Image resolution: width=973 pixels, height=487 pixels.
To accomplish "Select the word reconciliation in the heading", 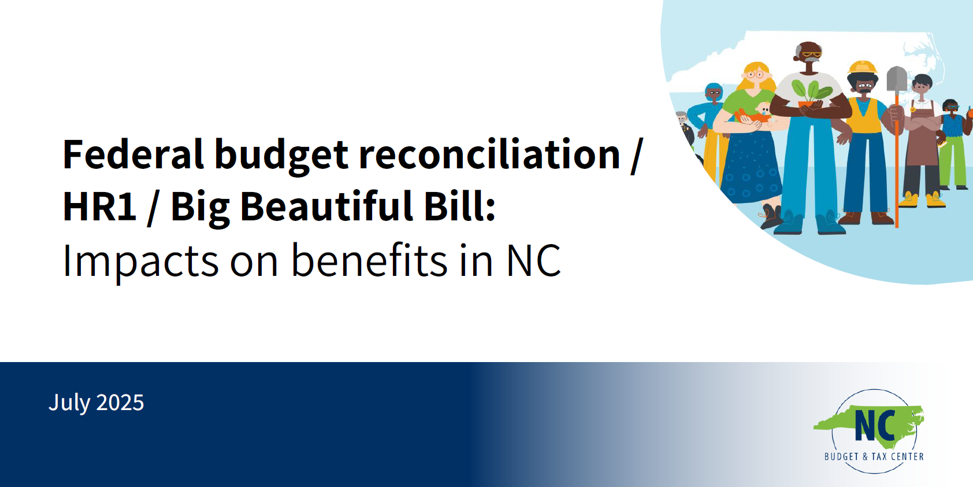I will pyautogui.click(x=489, y=154).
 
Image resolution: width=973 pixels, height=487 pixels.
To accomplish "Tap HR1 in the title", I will pyautogui.click(x=99, y=206).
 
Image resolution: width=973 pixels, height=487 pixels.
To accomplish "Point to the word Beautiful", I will pyautogui.click(x=326, y=206).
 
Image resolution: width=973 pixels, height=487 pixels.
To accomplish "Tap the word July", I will pyautogui.click(x=69, y=403).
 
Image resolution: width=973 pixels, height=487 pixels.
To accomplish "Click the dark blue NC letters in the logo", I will pyautogui.click(x=875, y=426).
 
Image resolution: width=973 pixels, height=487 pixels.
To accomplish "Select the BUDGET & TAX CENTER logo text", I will pyautogui.click(x=874, y=456).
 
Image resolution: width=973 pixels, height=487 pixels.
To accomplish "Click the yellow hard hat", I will pyautogui.click(x=863, y=67).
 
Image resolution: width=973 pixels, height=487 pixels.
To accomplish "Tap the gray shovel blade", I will pyautogui.click(x=897, y=79).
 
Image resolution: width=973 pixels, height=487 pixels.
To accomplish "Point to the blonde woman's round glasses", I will pyautogui.click(x=755, y=75).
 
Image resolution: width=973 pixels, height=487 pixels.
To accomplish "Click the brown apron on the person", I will pyautogui.click(x=922, y=139).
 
